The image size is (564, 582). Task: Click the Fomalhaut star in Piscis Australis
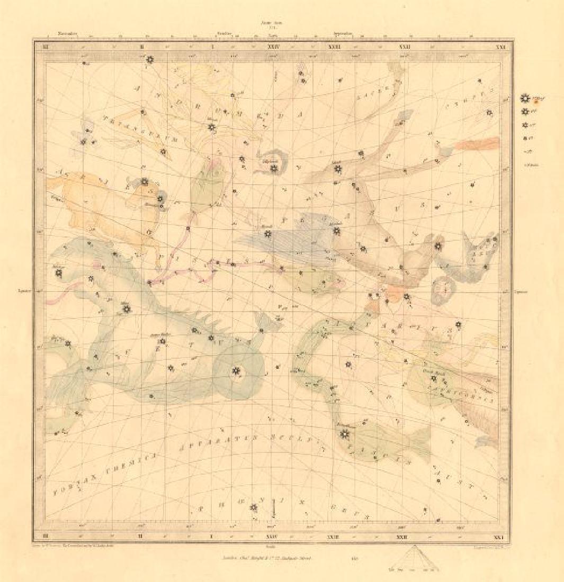pyautogui.click(x=345, y=434)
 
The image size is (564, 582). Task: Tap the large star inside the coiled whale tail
pyautogui.click(x=235, y=372)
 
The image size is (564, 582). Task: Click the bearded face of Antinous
pyautogui.click(x=444, y=289)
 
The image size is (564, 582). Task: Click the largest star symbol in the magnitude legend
pyautogui.click(x=525, y=98)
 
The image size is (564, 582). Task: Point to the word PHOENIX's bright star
pyautogui.click(x=253, y=508)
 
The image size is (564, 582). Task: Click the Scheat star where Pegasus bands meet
pyautogui.click(x=337, y=169)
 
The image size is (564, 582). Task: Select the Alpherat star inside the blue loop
pyautogui.click(x=273, y=168)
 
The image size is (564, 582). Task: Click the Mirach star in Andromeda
pyautogui.click(x=212, y=128)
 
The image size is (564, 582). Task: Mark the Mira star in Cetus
pyautogui.click(x=126, y=309)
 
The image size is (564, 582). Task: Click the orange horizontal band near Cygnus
pyautogui.click(x=477, y=144)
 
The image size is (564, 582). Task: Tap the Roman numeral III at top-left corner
pyautogui.click(x=46, y=47)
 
